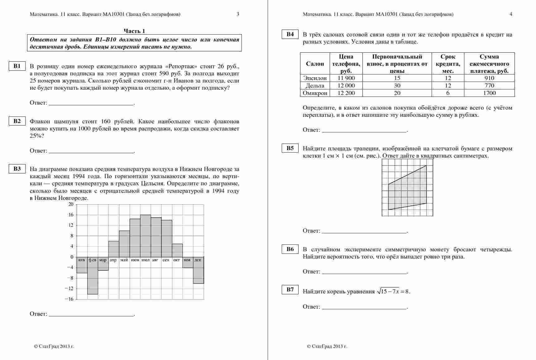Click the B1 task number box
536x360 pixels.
tap(17, 66)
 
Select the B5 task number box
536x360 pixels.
tap(290, 148)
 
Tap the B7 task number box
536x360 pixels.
tap(290, 290)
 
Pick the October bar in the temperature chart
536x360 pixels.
tap(177, 250)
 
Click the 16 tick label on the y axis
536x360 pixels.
tap(71, 215)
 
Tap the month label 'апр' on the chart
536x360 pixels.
tap(113, 260)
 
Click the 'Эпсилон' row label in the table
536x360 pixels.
tap(315, 78)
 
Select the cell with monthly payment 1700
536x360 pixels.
tap(489, 93)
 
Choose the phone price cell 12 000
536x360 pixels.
tap(346, 86)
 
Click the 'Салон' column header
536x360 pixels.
tap(315, 64)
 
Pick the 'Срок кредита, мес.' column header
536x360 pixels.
tap(448, 64)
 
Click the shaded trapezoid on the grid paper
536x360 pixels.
tap(407, 190)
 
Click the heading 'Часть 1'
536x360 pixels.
tap(134, 31)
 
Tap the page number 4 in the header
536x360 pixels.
tap(511, 14)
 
